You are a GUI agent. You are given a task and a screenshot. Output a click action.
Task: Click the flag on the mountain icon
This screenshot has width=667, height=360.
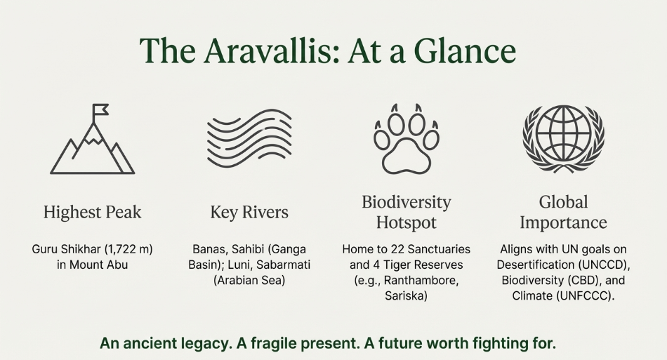click(100, 109)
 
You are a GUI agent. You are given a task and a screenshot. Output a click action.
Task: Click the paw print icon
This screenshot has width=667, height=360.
click(407, 139)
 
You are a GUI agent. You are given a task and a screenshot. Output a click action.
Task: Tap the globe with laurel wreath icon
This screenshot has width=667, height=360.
click(564, 139)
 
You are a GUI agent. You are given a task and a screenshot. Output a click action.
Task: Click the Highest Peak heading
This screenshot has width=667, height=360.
click(92, 212)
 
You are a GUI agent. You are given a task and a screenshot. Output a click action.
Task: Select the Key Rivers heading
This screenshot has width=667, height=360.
click(249, 212)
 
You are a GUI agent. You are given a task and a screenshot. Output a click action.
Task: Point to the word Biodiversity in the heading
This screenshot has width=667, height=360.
click(407, 202)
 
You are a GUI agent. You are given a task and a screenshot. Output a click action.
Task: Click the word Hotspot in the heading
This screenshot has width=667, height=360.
click(407, 222)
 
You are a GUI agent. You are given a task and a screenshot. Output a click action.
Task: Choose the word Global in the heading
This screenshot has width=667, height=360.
click(563, 202)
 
